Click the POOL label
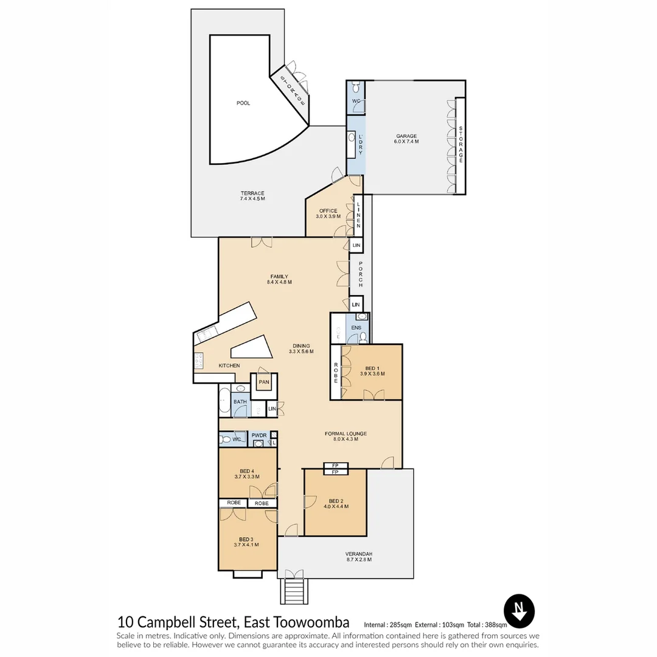pos(243,103)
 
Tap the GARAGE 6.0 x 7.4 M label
pos(406,139)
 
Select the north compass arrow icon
pos(519,610)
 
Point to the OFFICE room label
pos(328,214)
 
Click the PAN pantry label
pos(263,382)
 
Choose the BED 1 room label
pos(372,371)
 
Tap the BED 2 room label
pos(335,504)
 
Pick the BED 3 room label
pos(246,541)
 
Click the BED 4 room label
pos(246,474)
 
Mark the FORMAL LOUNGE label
pos(346,436)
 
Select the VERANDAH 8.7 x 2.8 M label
pos(359,556)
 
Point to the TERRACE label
pos(252,196)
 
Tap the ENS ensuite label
pos(356,328)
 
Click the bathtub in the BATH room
pos(224,401)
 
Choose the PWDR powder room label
pos(259,436)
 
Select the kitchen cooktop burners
pos(198,361)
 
